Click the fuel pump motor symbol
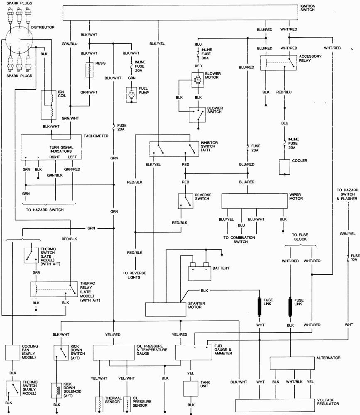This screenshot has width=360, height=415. (x=132, y=95)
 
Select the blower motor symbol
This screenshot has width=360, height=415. (x=196, y=79)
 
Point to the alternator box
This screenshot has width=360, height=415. (x=290, y=363)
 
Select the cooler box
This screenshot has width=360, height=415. (x=284, y=167)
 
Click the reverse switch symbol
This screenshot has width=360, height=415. (x=185, y=201)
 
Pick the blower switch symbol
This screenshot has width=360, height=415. (x=197, y=115)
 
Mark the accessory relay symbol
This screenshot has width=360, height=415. (x=278, y=62)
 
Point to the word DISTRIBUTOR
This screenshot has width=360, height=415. (x=43, y=27)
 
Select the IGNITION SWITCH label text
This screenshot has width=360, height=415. (x=308, y=8)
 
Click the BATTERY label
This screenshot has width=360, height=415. (x=221, y=268)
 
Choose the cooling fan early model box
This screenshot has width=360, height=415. (x=13, y=352)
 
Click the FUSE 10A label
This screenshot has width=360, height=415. (x=354, y=258)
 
